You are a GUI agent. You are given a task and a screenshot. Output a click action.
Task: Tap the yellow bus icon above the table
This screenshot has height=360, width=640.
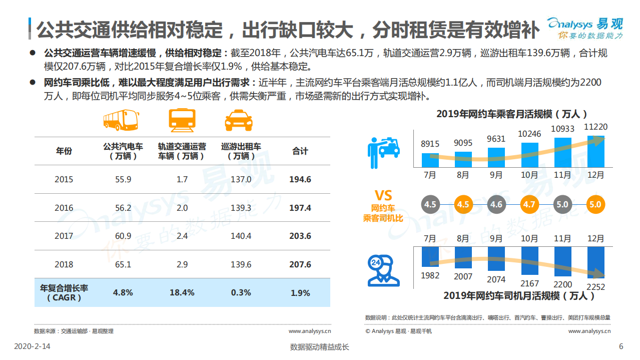(120, 120)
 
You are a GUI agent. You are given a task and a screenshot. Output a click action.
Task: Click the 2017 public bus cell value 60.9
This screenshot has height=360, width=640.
(123, 236)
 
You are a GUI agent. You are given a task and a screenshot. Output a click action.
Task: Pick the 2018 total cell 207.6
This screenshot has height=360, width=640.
(300, 264)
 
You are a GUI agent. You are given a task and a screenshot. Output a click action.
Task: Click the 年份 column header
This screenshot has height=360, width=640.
(64, 151)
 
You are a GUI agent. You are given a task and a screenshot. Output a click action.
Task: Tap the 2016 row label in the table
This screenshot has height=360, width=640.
(64, 208)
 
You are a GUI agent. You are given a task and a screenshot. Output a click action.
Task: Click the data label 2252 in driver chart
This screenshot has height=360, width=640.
(595, 287)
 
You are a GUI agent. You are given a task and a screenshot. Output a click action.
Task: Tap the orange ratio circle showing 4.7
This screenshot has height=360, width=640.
(529, 204)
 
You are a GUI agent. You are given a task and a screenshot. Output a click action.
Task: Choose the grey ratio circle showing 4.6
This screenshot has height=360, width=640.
(496, 204)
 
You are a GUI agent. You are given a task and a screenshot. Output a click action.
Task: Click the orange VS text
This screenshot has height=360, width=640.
(383, 195)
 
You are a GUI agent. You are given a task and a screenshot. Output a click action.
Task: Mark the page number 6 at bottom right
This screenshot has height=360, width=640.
(621, 346)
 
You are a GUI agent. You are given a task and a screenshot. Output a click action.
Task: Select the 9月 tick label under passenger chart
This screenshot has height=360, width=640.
(496, 175)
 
